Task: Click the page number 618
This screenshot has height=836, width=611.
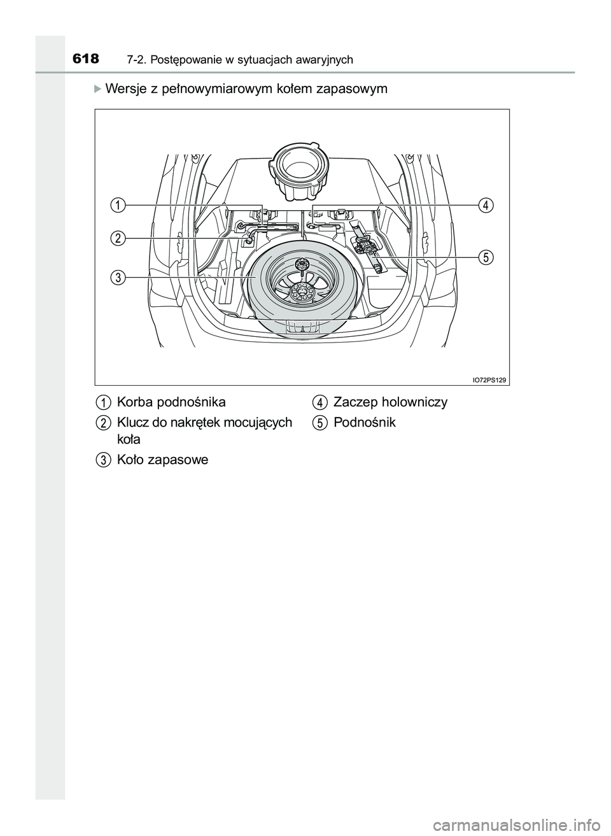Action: pyautogui.click(x=86, y=59)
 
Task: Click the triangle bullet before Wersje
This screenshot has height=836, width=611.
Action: pyautogui.click(x=97, y=88)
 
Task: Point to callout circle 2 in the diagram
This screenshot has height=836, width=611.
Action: pyautogui.click(x=116, y=238)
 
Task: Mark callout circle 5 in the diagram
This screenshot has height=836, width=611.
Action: pyautogui.click(x=486, y=257)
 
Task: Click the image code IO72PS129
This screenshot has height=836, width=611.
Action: pyautogui.click(x=489, y=379)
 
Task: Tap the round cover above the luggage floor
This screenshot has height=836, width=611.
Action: pyautogui.click(x=298, y=167)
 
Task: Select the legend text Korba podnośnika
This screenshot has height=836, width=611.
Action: pyautogui.click(x=171, y=402)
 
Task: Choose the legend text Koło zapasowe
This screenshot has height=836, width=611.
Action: pyautogui.click(x=162, y=460)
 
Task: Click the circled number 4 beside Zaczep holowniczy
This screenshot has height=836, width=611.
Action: pyautogui.click(x=320, y=402)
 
